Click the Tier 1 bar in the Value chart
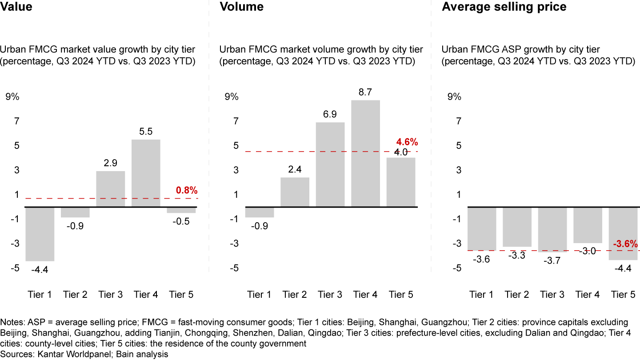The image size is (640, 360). pyautogui.click(x=40, y=234)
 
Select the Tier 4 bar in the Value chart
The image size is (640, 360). pyautogui.click(x=146, y=173)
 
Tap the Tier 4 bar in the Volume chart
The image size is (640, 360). pyautogui.click(x=366, y=153)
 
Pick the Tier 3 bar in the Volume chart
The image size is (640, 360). pyautogui.click(x=330, y=164)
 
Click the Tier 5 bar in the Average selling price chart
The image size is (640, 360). pyautogui.click(x=623, y=233)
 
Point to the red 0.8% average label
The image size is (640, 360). pyautogui.click(x=187, y=190)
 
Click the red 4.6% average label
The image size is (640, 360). pyautogui.click(x=407, y=142)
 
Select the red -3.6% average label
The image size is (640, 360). pyautogui.click(x=625, y=244)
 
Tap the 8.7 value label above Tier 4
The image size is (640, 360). pyautogui.click(x=366, y=92)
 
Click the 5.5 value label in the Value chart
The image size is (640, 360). pyautogui.click(x=146, y=132)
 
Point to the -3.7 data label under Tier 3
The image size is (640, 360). pyautogui.click(x=552, y=260)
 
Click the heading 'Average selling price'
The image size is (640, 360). pyautogui.click(x=504, y=7)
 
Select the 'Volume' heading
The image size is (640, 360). pyautogui.click(x=242, y=7)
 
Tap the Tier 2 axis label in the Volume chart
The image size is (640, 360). pyautogui.click(x=295, y=294)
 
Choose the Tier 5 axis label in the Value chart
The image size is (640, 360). pyautogui.click(x=181, y=294)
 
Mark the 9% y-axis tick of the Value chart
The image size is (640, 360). pyautogui.click(x=12, y=97)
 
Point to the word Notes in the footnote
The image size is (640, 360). pyautogui.click(x=12, y=322)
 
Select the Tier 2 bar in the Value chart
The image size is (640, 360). pyautogui.click(x=76, y=212)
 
